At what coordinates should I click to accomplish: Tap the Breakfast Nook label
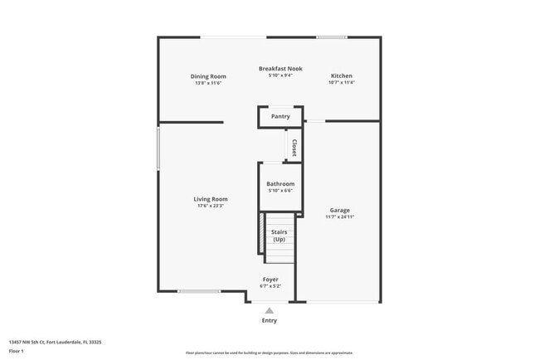click(x=280, y=68)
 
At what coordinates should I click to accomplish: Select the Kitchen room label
click(x=342, y=75)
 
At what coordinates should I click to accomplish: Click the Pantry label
click(x=280, y=116)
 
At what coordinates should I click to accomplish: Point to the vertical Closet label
click(x=294, y=148)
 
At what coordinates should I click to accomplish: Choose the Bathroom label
click(x=280, y=183)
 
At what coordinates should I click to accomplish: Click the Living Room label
click(x=211, y=198)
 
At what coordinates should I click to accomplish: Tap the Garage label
click(x=340, y=210)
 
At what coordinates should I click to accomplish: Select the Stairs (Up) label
click(x=279, y=236)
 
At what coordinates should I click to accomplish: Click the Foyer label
click(x=270, y=279)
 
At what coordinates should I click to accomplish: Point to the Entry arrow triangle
click(x=269, y=310)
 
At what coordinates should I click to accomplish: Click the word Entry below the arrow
click(x=269, y=320)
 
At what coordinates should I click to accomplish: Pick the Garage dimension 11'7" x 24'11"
click(x=340, y=217)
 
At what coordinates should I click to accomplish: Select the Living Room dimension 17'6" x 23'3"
click(x=211, y=206)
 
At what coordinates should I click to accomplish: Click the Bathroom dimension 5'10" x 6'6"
click(x=280, y=191)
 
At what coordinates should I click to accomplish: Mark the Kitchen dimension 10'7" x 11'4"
click(x=341, y=83)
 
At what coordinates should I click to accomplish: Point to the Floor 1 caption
click(x=17, y=351)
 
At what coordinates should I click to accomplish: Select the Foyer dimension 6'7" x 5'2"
click(x=270, y=286)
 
